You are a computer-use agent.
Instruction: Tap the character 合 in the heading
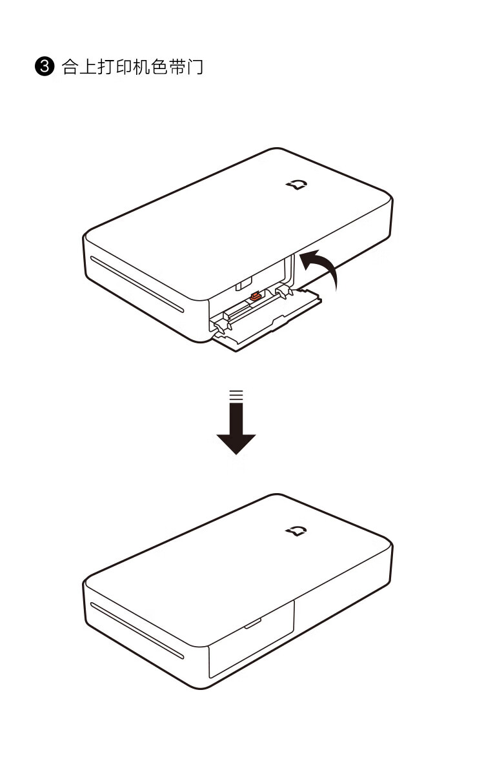[70, 66]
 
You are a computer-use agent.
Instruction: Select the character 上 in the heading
[88, 66]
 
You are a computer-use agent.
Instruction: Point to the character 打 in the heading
[106, 66]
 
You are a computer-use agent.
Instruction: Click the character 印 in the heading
[124, 66]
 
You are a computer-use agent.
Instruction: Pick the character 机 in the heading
[141, 66]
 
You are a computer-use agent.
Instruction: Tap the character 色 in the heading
[159, 66]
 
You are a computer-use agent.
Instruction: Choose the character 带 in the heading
[177, 66]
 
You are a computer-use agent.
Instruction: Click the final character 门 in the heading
[195, 66]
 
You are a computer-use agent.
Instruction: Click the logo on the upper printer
[297, 185]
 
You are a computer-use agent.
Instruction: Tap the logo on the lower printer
[297, 531]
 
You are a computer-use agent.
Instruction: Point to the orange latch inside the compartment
[256, 296]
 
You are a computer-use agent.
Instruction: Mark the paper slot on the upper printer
[137, 285]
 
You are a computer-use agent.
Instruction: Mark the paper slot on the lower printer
[137, 630]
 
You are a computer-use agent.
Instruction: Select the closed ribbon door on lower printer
[252, 638]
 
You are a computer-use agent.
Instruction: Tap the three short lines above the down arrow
[236, 394]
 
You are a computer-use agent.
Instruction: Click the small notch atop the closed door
[253, 623]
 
